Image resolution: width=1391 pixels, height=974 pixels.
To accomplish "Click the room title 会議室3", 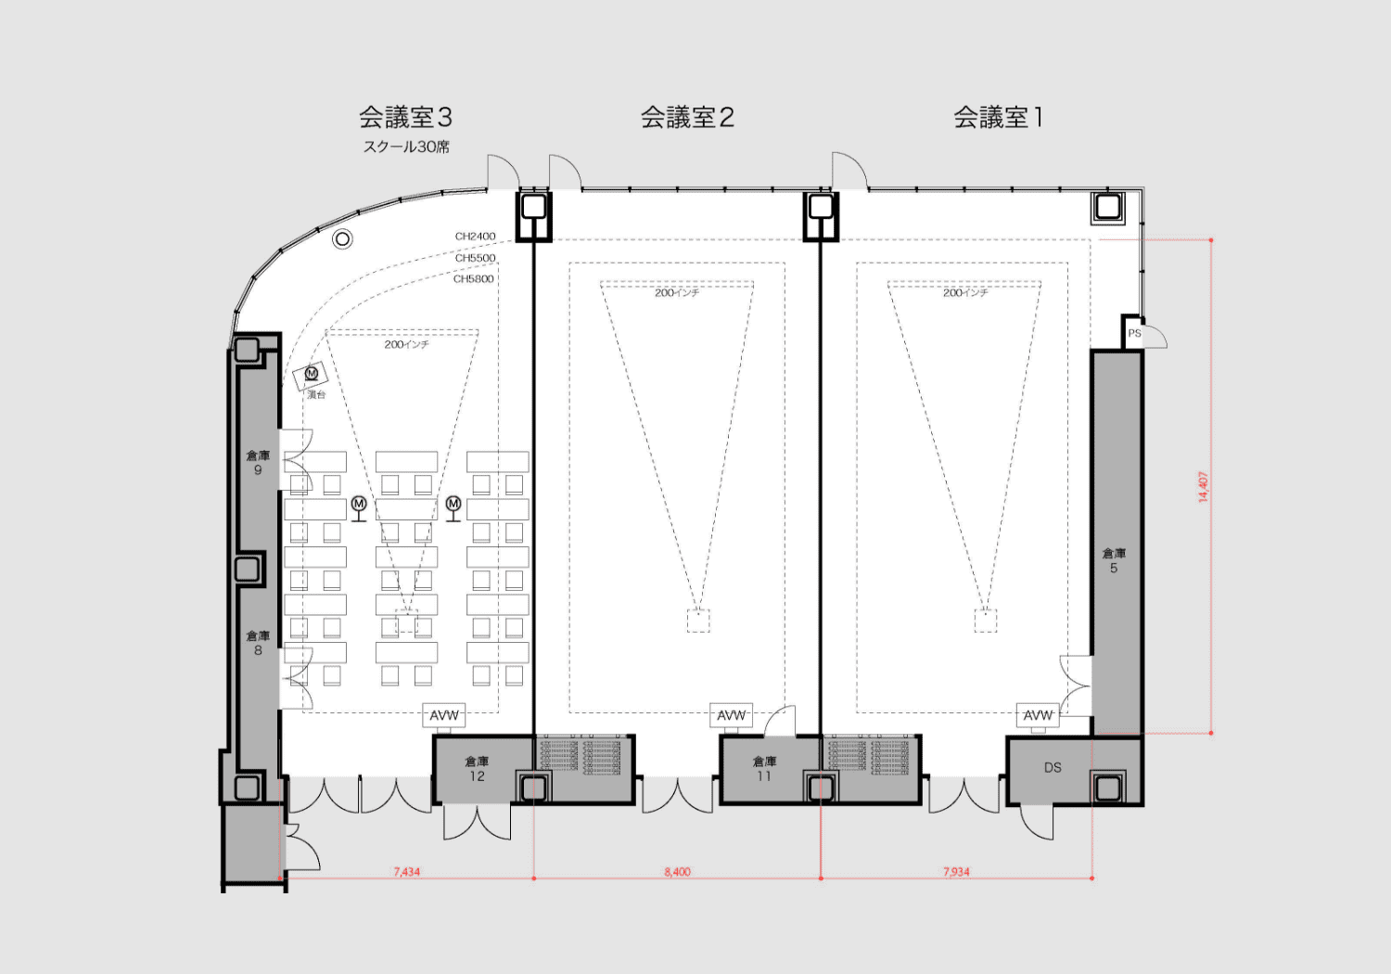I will coord(405,118).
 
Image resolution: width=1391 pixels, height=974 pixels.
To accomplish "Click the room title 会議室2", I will coord(687,118).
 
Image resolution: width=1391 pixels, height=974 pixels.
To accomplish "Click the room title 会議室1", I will coord(999,118).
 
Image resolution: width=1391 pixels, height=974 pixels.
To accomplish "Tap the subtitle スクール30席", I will coord(406,147).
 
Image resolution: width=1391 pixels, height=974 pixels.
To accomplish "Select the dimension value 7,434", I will coord(406,872).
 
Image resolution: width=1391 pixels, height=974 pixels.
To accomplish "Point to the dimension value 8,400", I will coord(677,872).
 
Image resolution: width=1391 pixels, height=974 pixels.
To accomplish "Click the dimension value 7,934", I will coord(956,872).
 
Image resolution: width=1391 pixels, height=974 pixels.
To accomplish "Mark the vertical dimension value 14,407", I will coord(1203,486).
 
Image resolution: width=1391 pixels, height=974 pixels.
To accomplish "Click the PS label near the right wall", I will coord(1134,334).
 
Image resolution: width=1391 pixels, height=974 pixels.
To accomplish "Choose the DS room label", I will coord(1053,768).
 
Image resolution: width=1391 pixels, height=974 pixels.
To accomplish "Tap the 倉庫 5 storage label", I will coord(1114,560).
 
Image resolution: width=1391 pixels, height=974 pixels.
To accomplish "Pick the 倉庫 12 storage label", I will coord(477,768).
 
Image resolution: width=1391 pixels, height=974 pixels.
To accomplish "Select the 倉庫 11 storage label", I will coord(764,768).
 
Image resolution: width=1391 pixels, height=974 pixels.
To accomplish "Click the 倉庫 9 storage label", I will coord(258,462).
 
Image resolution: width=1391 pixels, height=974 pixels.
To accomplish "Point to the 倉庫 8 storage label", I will coord(258,643).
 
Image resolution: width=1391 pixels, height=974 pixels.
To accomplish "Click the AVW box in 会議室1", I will coord(1038,715).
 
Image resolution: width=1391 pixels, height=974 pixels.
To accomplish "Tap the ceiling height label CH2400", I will coord(475,237).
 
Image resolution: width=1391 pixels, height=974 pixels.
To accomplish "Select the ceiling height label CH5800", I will coord(473,279).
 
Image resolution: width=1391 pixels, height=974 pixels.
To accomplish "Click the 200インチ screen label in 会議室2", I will coord(677,293).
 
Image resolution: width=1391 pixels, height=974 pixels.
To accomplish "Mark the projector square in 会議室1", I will coord(985,621).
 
